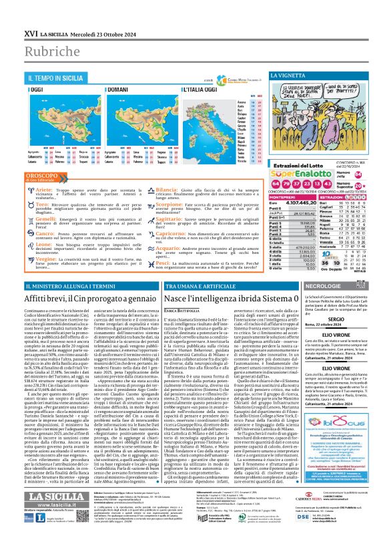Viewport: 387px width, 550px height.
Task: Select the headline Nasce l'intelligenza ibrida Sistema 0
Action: tap(229, 295)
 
